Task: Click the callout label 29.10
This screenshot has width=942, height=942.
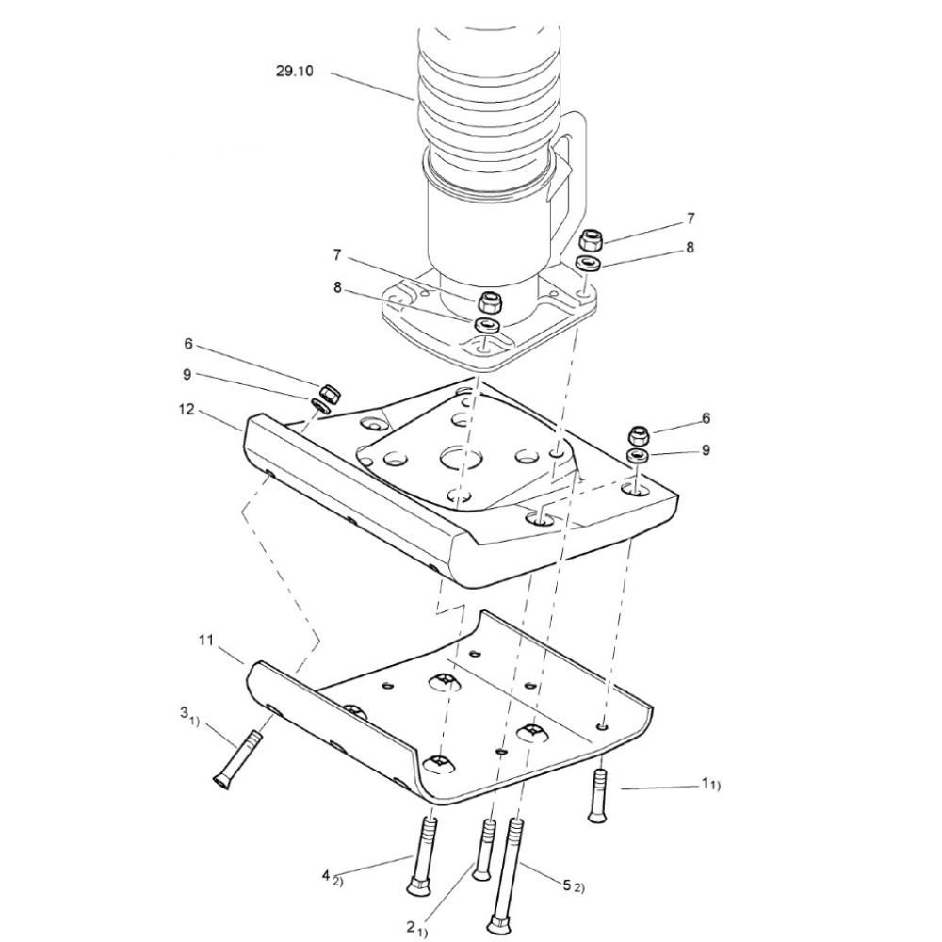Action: point(294,71)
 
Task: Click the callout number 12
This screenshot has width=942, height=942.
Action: point(187,409)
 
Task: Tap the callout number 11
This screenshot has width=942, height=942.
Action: point(206,641)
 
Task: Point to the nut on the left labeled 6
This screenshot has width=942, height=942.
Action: point(328,394)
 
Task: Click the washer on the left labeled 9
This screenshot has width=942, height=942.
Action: point(319,404)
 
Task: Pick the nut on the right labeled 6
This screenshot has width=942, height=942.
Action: point(639,434)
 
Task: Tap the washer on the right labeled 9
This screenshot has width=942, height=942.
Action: point(638,455)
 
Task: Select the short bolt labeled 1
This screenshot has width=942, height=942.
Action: point(598,796)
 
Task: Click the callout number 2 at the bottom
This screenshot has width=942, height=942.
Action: point(411,926)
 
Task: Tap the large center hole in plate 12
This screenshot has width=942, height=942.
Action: point(461,460)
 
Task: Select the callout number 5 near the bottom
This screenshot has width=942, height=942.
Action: point(566,885)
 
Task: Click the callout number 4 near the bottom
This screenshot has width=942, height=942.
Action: point(326,875)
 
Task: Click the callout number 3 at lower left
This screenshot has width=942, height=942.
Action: point(184,712)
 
